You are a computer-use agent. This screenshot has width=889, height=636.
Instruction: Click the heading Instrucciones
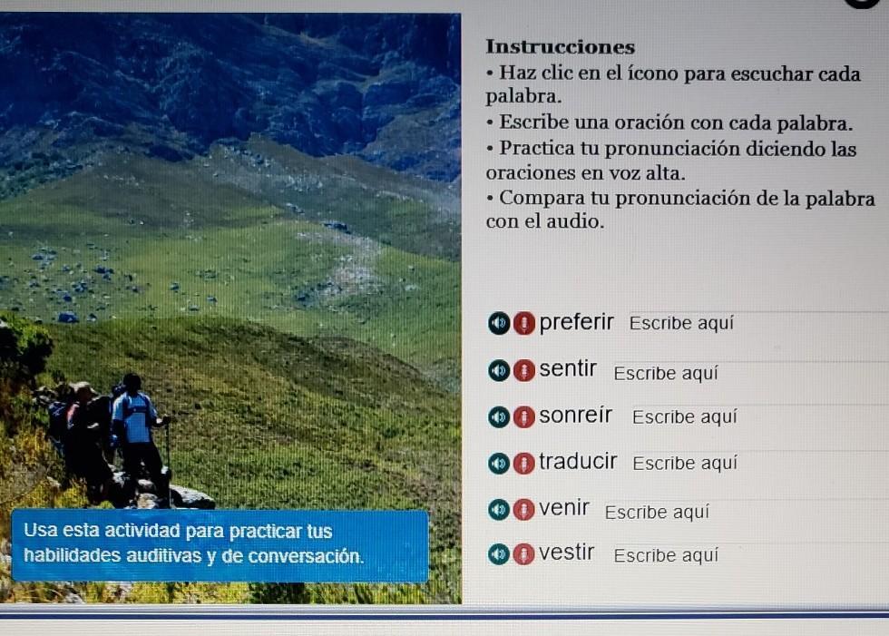(560, 46)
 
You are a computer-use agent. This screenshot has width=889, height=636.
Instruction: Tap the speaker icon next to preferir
(498, 323)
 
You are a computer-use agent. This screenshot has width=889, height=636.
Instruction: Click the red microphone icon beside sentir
(524, 371)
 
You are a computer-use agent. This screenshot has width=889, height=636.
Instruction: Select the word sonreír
(575, 415)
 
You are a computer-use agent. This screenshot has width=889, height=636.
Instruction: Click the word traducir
(578, 462)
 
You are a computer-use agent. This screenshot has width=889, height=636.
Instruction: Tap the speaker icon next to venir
(498, 509)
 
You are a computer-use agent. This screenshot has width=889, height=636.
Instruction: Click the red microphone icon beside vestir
(524, 553)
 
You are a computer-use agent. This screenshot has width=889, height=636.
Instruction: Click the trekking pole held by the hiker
(168, 460)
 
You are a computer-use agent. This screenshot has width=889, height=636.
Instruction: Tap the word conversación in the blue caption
(306, 555)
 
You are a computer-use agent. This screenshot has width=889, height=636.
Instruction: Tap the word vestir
(566, 553)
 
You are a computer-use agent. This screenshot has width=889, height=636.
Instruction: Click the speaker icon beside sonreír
(498, 417)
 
